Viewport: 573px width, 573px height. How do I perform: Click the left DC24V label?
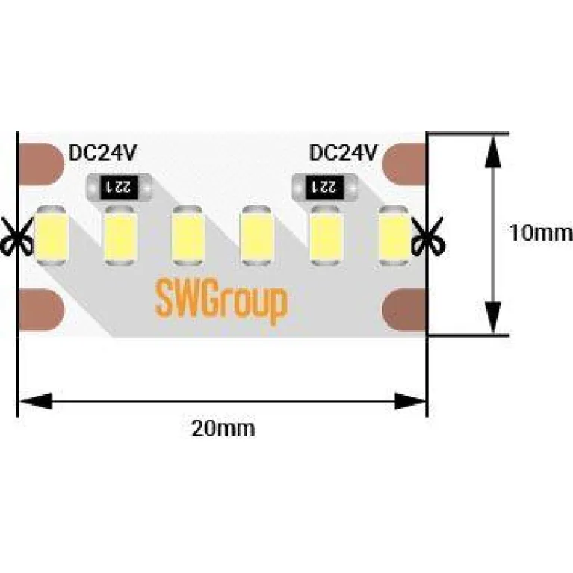click(x=102, y=153)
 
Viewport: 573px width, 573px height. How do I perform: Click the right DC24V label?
click(x=343, y=153)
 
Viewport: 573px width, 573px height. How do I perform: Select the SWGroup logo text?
click(x=220, y=300)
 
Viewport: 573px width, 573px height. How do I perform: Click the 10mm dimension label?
click(x=540, y=233)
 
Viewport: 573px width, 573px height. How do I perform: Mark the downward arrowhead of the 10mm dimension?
click(x=492, y=317)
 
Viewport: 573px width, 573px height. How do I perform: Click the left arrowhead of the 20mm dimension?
click(x=34, y=402)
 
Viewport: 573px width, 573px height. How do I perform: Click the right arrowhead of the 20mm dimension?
click(x=410, y=402)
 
